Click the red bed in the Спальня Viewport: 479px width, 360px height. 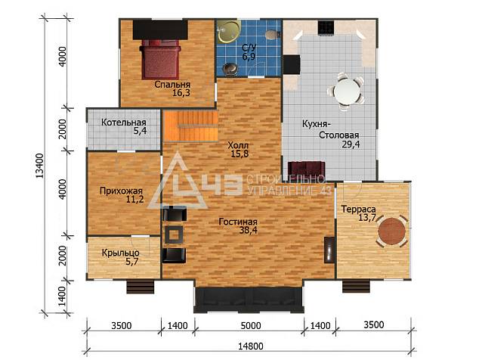point(160,59)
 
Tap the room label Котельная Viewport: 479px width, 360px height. point(124,123)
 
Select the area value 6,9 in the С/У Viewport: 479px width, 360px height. point(249,57)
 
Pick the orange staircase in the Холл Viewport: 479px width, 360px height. point(190,126)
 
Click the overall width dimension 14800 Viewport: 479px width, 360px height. point(251,346)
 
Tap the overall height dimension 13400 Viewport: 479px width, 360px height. point(40,166)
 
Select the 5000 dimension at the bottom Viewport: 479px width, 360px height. point(251,325)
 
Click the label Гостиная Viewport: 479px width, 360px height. point(238,222)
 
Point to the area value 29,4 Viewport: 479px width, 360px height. point(351,144)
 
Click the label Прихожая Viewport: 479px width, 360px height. point(122,191)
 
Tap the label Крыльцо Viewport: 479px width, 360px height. point(121,253)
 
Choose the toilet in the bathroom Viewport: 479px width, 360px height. point(273,34)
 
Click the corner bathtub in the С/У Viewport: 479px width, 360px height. point(229,30)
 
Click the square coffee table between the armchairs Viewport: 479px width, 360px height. point(174,235)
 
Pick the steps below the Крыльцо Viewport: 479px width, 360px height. point(141,287)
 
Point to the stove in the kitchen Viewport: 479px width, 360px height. point(325,28)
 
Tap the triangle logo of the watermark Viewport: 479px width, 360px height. point(178,184)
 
